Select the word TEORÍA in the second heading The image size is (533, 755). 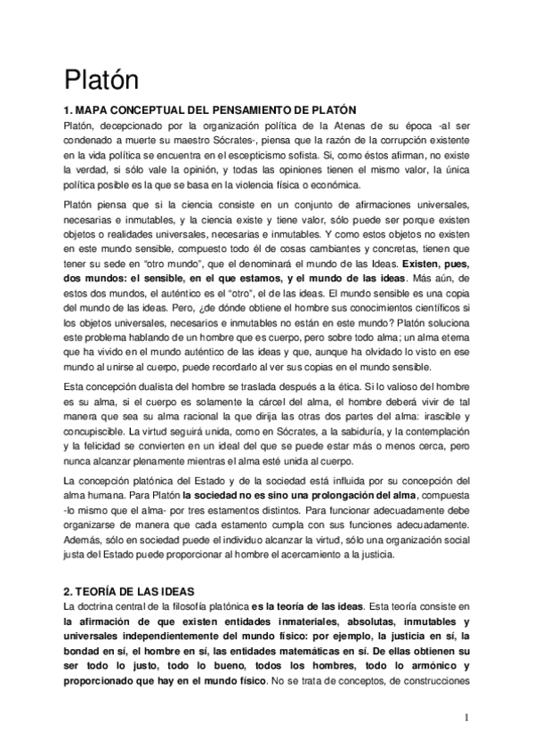pos(101,590)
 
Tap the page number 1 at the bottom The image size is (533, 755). pos(465,717)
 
